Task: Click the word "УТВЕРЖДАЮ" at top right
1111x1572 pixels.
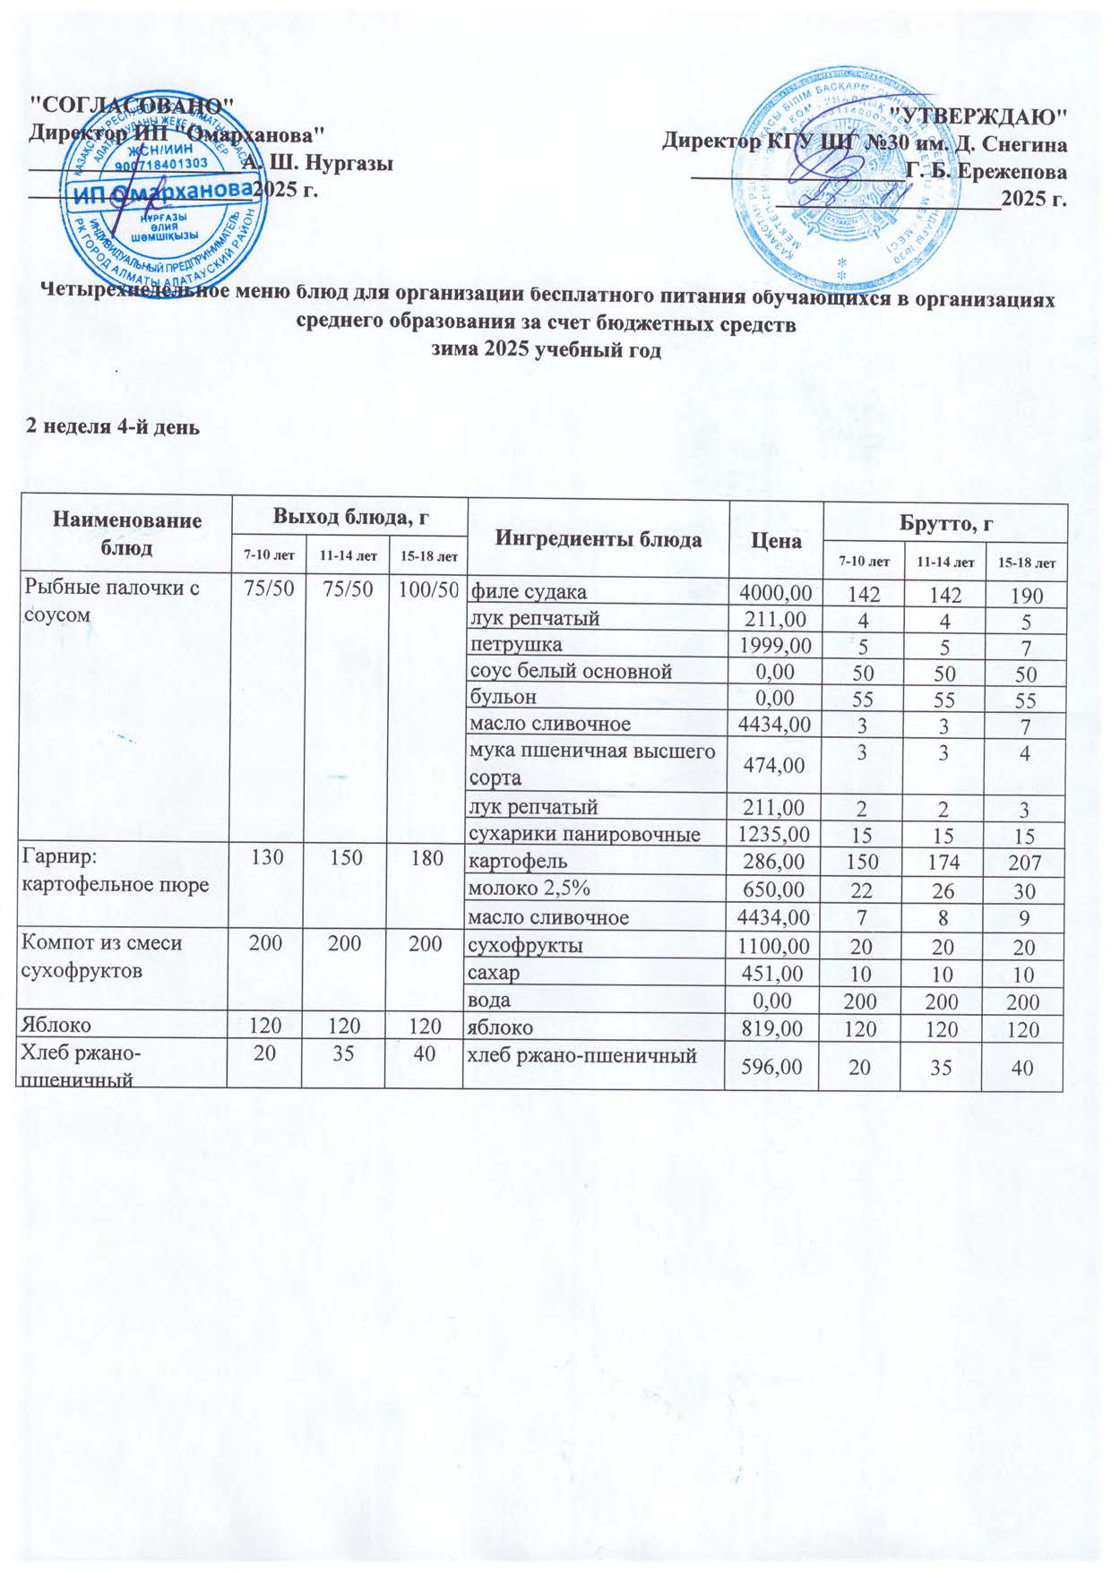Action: (x=983, y=116)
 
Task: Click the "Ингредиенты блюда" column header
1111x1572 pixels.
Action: (x=599, y=539)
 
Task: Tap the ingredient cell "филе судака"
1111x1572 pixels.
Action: (x=530, y=591)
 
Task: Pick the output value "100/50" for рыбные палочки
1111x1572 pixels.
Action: (x=426, y=589)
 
